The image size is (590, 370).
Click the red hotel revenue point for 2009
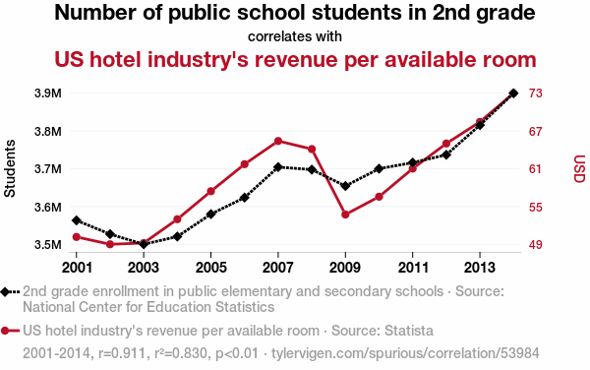345,215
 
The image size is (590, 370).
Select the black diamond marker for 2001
77,220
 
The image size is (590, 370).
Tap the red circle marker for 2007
278,141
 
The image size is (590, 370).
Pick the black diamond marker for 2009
345,186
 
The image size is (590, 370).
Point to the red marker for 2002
110,244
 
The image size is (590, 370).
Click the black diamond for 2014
513,92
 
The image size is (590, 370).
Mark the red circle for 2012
446,144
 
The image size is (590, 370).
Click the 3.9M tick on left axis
48,92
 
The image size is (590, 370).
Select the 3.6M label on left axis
48,207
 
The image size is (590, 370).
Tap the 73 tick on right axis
536,92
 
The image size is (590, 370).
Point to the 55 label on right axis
536,207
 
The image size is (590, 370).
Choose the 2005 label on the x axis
210,268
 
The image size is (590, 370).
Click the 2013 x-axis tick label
480,268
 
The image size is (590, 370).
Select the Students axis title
10,168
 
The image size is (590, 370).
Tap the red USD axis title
579,168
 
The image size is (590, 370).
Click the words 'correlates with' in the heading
295,36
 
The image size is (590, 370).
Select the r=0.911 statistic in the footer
122,353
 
